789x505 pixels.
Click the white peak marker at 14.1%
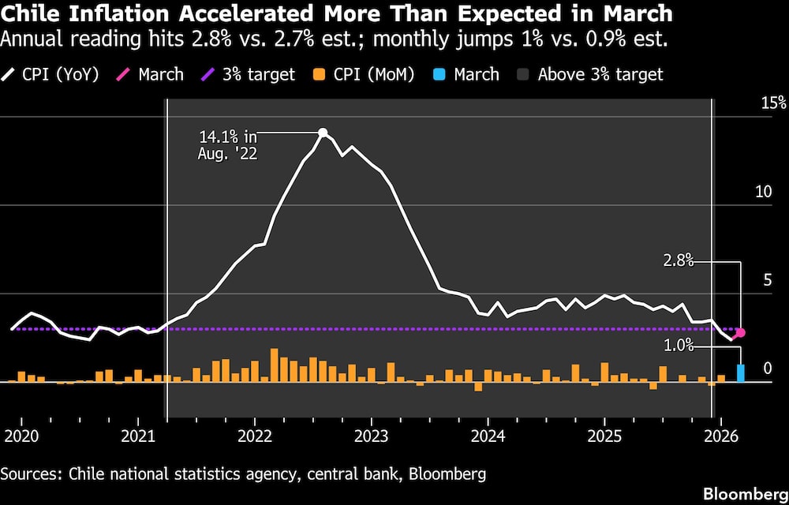[x=323, y=133]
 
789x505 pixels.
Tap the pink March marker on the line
[x=741, y=333]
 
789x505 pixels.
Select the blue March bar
[x=741, y=372]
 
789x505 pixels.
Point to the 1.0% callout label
[x=678, y=345]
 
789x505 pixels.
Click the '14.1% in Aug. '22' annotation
[x=227, y=145]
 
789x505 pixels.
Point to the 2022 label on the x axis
[x=254, y=436]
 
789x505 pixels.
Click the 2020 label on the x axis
[x=21, y=436]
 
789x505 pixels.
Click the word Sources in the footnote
[x=31, y=473]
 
